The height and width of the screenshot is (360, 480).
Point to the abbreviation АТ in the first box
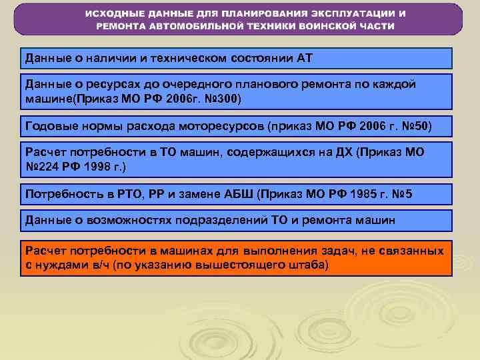point(304,58)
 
